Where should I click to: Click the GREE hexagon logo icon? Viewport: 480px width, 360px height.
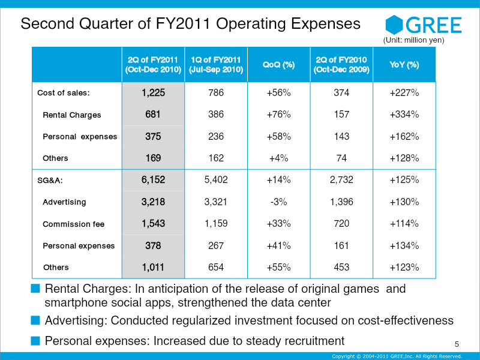(x=394, y=25)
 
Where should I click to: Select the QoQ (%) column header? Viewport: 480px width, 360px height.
(x=278, y=65)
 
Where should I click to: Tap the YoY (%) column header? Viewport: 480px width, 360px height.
(x=404, y=65)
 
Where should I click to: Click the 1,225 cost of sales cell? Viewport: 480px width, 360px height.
(x=153, y=92)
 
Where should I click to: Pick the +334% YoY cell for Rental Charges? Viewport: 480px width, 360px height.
(x=404, y=114)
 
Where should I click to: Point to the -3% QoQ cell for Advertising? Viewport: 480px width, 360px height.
(x=278, y=202)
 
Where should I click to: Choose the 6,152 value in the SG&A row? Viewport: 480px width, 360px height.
(x=153, y=179)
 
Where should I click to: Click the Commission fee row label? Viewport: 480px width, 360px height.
(x=73, y=224)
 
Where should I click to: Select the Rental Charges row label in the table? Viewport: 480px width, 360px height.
(x=72, y=115)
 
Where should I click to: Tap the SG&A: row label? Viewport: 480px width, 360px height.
(x=50, y=181)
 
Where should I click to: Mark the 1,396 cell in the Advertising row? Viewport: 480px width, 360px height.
(x=341, y=202)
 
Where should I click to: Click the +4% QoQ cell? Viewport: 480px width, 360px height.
(x=278, y=158)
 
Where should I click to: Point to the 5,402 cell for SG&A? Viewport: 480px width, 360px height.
(x=216, y=179)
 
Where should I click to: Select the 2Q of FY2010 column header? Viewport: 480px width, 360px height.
(x=341, y=65)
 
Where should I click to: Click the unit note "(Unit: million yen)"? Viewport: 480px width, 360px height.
(x=413, y=40)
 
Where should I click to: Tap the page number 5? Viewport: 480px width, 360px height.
(x=457, y=344)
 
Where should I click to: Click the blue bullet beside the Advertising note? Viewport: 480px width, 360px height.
(x=35, y=320)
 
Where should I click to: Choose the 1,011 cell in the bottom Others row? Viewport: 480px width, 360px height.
(x=153, y=267)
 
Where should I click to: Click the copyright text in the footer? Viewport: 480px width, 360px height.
(x=397, y=356)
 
